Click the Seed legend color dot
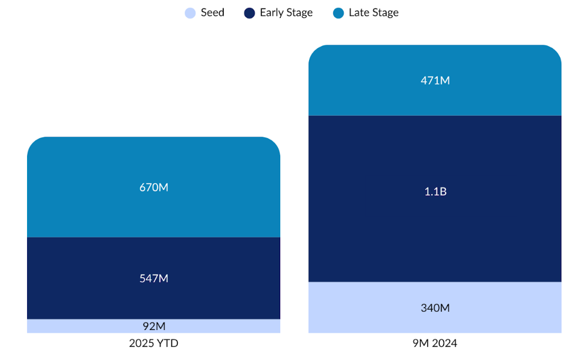click(x=191, y=13)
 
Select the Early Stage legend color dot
click(x=249, y=13)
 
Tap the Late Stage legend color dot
click(x=338, y=13)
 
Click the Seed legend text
click(x=212, y=13)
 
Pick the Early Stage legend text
click(x=286, y=13)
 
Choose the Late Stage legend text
click(x=374, y=13)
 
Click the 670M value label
click(x=154, y=187)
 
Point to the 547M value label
click(x=154, y=278)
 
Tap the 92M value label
click(x=154, y=327)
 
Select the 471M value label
click(x=435, y=81)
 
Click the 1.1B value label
click(x=435, y=192)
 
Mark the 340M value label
click(x=435, y=308)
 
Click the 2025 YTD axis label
click(x=154, y=344)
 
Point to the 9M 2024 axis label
click(x=435, y=344)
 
